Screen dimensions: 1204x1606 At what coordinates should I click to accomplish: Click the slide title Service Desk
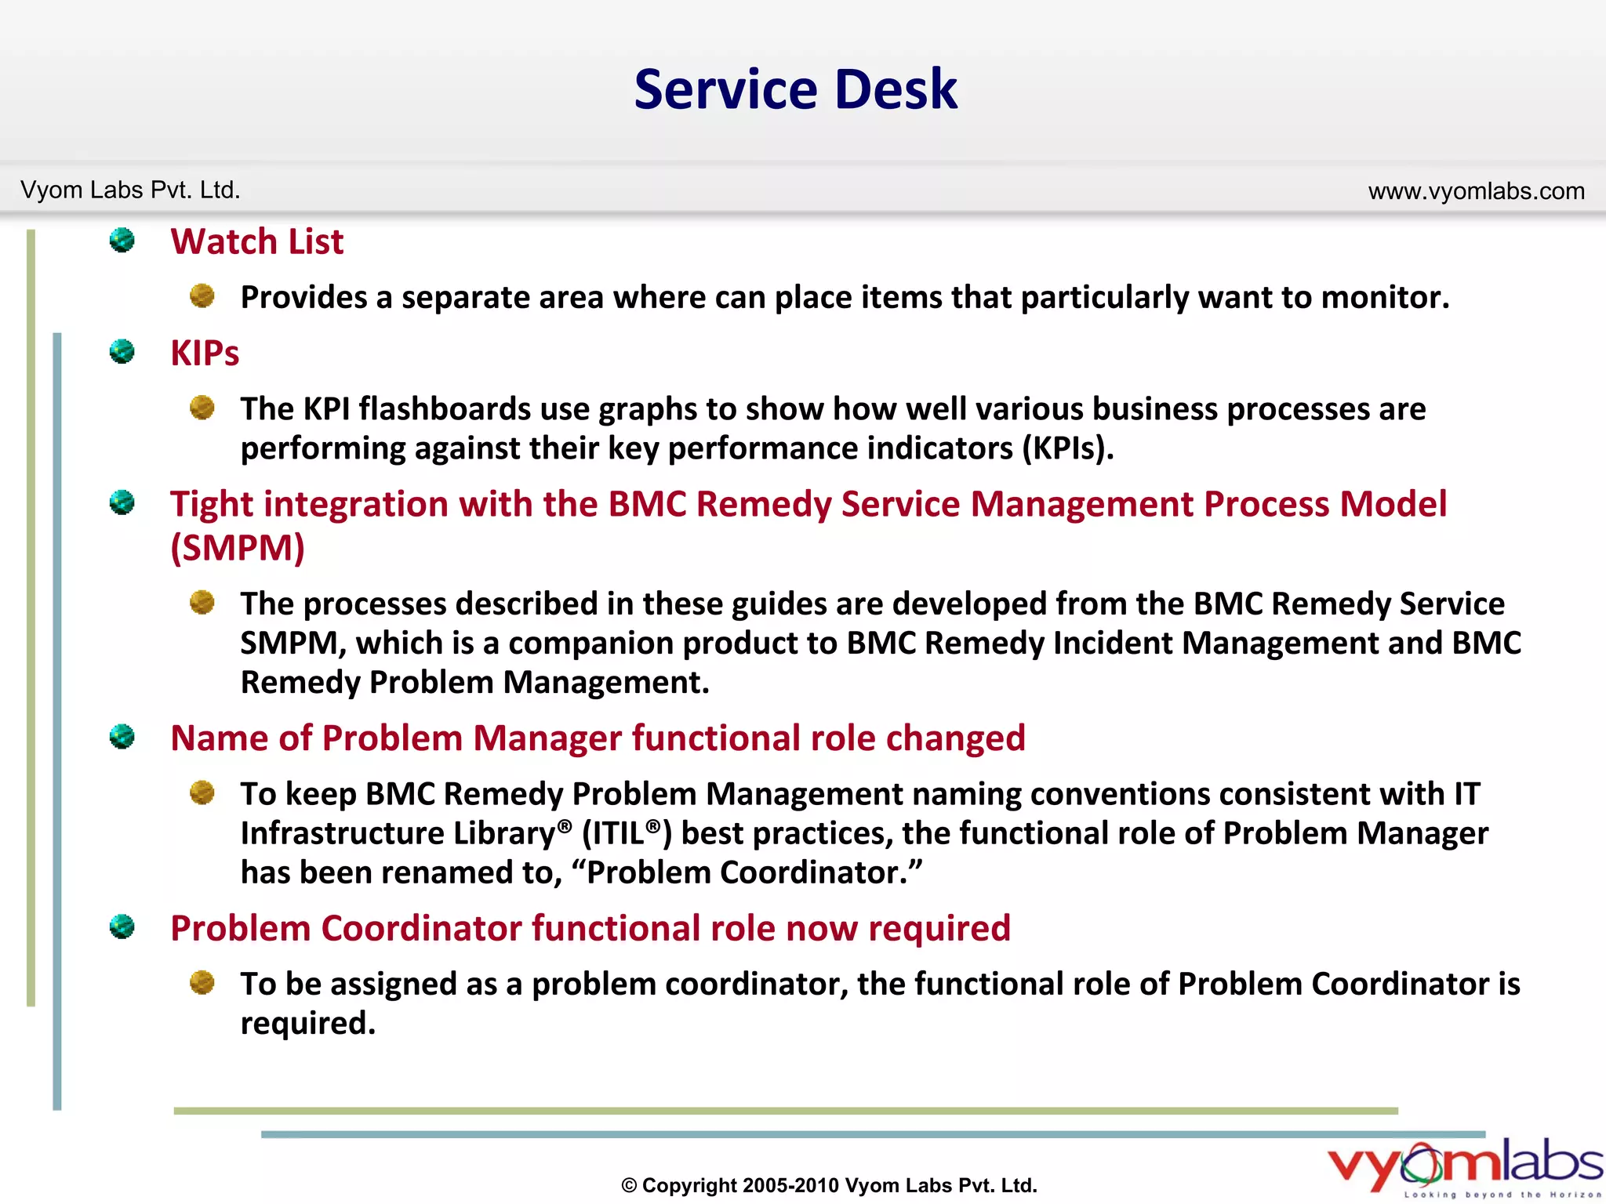coord(795,89)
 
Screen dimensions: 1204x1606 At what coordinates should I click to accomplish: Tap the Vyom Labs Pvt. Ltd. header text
coord(130,190)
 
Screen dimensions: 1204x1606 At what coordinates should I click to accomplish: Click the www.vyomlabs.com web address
coord(1476,190)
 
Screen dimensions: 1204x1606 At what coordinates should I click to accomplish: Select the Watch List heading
coord(256,241)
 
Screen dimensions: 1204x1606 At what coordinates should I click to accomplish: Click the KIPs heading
coord(205,353)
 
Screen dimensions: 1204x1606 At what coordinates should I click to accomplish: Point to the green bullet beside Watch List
coord(122,240)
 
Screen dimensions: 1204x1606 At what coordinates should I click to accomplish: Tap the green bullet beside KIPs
coord(122,351)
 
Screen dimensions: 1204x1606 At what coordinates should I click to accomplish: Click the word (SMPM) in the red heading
coord(238,548)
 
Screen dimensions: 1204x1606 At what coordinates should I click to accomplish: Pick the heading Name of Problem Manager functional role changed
coord(598,738)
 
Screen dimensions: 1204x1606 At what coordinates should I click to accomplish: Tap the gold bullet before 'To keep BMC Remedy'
coord(202,792)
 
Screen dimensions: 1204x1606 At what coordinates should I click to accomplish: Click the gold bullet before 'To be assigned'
coord(202,982)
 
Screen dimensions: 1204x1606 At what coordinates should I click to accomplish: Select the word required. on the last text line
coord(307,1024)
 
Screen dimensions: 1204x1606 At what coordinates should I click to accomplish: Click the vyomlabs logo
coord(1465,1166)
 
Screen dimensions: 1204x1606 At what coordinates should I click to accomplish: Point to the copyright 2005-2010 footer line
coord(829,1185)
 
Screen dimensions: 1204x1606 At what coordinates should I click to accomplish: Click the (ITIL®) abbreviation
coord(627,833)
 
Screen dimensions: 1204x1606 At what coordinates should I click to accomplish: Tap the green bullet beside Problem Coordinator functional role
coord(122,927)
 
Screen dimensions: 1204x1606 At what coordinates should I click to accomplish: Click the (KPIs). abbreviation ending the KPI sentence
coord(1067,448)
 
